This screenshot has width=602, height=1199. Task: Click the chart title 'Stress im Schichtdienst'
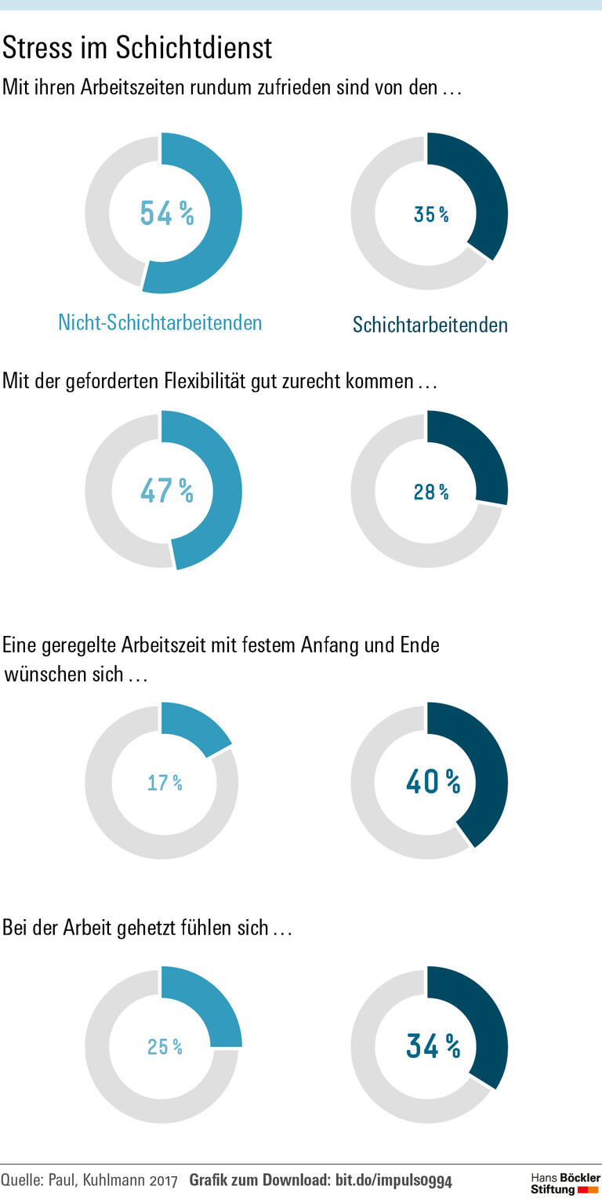137,49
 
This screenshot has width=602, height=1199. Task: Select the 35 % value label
431,214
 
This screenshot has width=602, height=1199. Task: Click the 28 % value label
431,492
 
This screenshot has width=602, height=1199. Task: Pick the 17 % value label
165,783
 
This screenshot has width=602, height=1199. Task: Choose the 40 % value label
433,781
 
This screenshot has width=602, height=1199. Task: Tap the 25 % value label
165,1047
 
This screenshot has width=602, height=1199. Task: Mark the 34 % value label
433,1045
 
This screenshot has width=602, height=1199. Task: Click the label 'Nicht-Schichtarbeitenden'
160,322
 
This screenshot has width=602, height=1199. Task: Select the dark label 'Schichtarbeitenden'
430,325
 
